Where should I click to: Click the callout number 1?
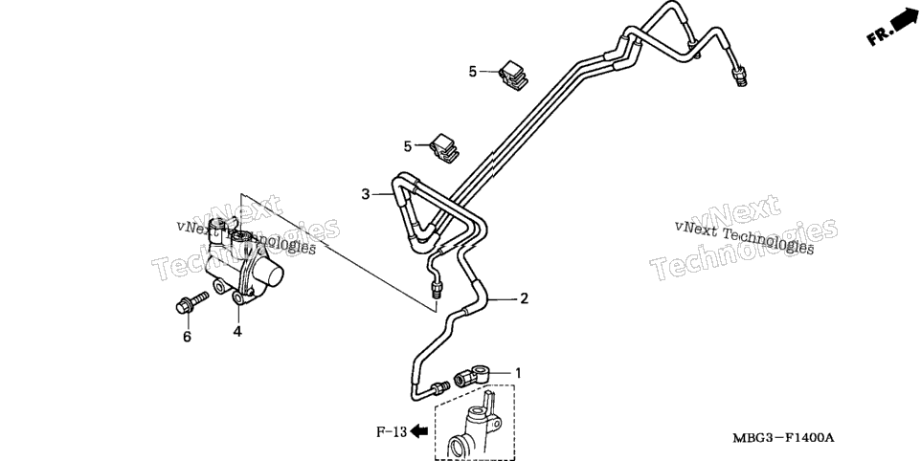point(518,372)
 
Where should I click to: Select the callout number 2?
point(524,298)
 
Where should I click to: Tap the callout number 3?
point(366,193)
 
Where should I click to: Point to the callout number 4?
point(237,331)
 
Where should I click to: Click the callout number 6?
point(187,337)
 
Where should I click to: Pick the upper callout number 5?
point(473,72)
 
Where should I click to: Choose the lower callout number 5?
point(408,146)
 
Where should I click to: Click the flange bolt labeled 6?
point(191,302)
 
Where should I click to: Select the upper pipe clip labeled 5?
point(513,75)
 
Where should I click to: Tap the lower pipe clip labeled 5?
point(446,149)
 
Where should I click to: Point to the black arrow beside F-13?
point(418,431)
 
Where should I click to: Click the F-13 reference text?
point(392,432)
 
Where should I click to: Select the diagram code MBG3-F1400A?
point(783,437)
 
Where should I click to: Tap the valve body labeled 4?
point(242,261)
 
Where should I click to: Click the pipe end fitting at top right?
point(738,77)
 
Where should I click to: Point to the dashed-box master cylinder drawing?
point(475,423)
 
